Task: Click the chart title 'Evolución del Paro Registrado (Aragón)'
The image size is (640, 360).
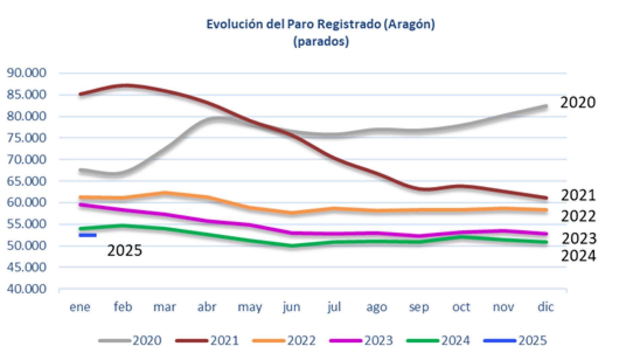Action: pyautogui.click(x=320, y=25)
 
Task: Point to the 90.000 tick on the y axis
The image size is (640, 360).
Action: pyautogui.click(x=27, y=73)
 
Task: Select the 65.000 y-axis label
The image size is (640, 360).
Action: pyautogui.click(x=27, y=181)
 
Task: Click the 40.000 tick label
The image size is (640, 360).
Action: pyautogui.click(x=27, y=289)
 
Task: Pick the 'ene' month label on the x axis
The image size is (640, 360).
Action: pyautogui.click(x=80, y=307)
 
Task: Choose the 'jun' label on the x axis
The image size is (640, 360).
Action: pyautogui.click(x=291, y=307)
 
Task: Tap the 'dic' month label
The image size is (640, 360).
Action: pyautogui.click(x=545, y=307)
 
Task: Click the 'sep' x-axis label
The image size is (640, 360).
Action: pyautogui.click(x=419, y=307)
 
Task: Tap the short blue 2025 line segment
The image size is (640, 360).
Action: pyautogui.click(x=88, y=235)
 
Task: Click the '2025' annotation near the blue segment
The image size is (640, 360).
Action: pyautogui.click(x=125, y=250)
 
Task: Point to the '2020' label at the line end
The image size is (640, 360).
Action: pyautogui.click(x=578, y=102)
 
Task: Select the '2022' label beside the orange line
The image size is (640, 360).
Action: pyautogui.click(x=578, y=216)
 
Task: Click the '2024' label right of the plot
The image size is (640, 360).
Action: pyautogui.click(x=578, y=256)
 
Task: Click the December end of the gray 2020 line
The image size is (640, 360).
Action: pyautogui.click(x=545, y=107)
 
